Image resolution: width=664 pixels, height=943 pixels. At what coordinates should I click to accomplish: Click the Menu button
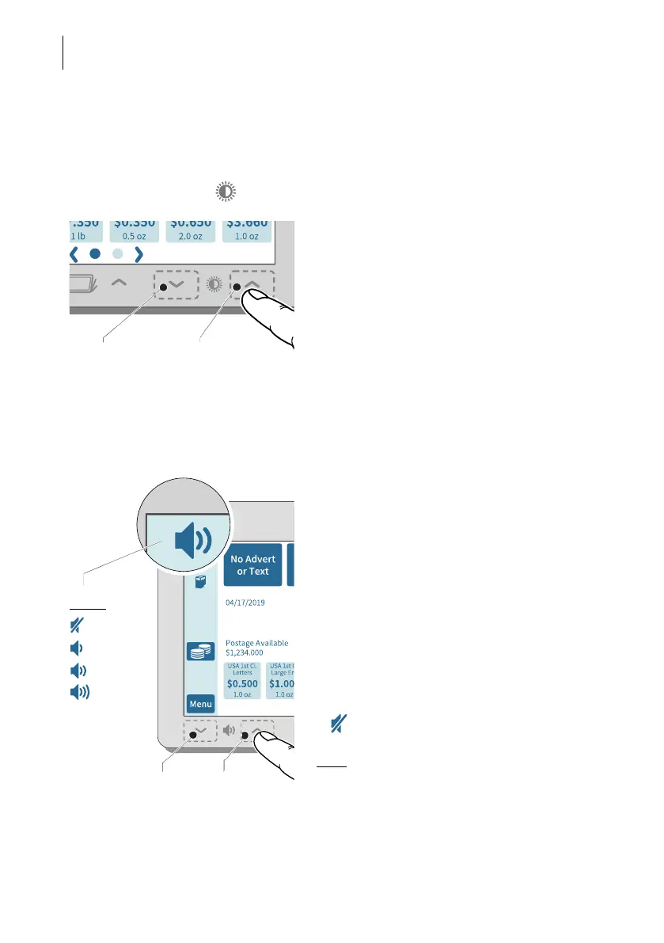pos(201,703)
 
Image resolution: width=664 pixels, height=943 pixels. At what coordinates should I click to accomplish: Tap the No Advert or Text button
pos(252,565)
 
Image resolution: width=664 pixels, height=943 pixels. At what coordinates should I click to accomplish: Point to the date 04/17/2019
pos(245,603)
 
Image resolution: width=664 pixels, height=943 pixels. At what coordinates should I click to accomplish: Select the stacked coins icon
pos(200,651)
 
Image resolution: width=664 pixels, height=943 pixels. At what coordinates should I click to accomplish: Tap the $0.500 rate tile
pos(242,680)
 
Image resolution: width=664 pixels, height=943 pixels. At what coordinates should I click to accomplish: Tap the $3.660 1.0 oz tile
pos(246,227)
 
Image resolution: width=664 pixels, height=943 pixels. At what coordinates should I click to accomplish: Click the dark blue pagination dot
pos(95,254)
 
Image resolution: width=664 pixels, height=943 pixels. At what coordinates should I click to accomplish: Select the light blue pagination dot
pos(116,254)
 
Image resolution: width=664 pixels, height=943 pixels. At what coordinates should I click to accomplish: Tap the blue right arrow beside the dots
pos(138,254)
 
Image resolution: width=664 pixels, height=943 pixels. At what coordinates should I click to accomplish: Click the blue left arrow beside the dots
pos(74,254)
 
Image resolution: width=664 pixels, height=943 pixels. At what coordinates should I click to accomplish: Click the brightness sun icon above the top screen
pos(226,192)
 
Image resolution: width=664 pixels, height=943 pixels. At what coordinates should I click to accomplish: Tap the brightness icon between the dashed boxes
pos(214,284)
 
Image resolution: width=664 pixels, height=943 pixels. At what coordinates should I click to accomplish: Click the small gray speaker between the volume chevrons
pos(228,731)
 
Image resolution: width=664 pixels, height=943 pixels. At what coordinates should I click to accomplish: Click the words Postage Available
pos(256,643)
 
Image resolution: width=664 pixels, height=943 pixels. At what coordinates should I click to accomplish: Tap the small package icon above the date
pos(200,584)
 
